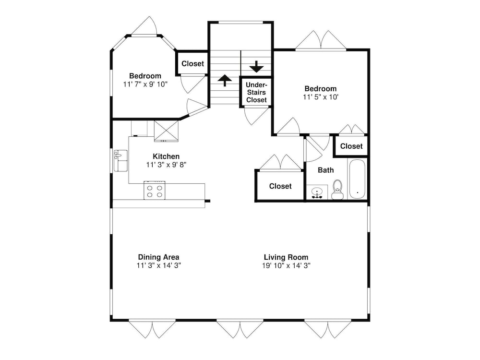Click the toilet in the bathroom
[x=337, y=190]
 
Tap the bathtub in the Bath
[x=357, y=179]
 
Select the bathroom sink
[x=316, y=192]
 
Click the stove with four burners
[x=155, y=191]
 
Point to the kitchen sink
[x=120, y=160]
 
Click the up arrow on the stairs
[x=225, y=80]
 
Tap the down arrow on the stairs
[x=256, y=66]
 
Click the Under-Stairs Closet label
[x=256, y=92]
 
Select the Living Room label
[x=286, y=257]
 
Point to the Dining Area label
[x=158, y=257]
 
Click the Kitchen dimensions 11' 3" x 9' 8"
[x=166, y=165]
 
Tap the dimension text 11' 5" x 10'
[x=321, y=97]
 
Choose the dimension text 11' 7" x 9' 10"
[x=145, y=84]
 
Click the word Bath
[x=326, y=170]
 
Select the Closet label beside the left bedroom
[x=192, y=64]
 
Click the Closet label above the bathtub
[x=351, y=146]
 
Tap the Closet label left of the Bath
[x=280, y=186]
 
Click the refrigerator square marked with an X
[x=166, y=131]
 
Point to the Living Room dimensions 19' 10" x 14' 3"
[x=286, y=265]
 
